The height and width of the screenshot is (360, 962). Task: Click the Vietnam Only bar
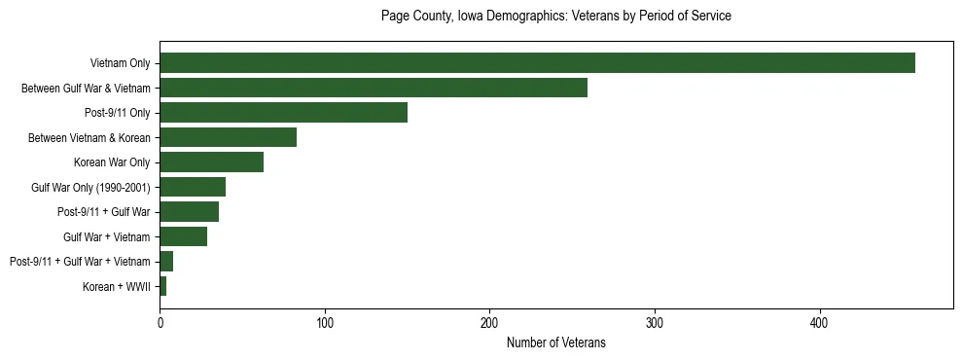537,63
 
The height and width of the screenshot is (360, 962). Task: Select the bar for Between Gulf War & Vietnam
374,88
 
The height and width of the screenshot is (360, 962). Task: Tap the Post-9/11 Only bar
283,113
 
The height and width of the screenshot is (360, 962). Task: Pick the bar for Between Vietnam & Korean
228,137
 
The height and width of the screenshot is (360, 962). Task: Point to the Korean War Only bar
211,162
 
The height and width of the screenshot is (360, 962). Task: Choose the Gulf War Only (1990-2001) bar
193,187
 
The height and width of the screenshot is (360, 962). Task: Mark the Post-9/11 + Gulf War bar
189,211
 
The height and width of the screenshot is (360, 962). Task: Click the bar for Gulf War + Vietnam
183,236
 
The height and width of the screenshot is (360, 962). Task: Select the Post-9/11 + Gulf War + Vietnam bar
166,261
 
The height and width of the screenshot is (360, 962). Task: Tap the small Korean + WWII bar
163,286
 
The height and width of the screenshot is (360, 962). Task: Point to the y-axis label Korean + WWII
117,286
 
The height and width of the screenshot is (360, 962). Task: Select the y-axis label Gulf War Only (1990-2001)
90,187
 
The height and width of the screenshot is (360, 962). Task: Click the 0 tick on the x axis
160,322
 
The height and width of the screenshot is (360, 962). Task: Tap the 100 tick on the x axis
325,322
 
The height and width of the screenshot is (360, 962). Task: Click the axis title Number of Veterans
555,342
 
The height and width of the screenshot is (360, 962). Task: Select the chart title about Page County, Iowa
555,17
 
